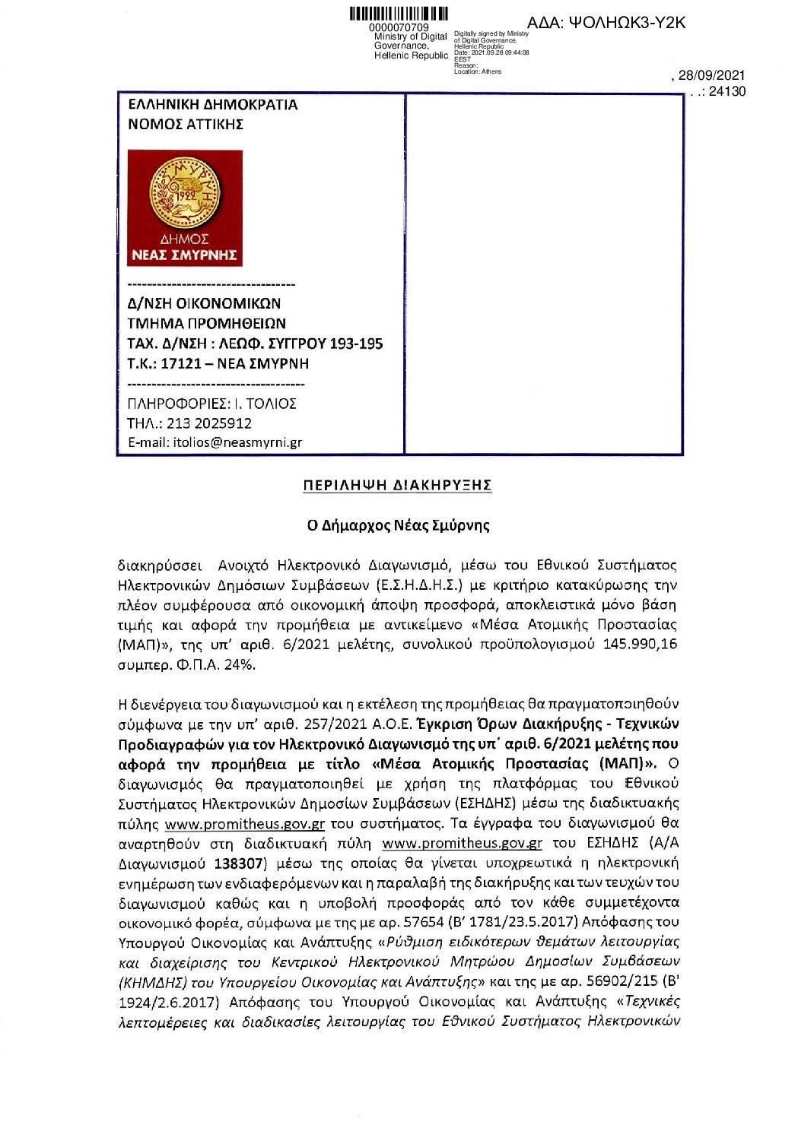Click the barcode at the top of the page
pos(398,14)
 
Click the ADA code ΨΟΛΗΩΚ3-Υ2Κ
pos(606,23)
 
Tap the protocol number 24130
pos(727,92)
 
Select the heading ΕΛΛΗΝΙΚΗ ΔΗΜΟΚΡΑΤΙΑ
pos(213,105)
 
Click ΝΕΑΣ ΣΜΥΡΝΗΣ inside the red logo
pos(184,255)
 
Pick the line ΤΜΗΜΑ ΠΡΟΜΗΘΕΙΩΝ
pos(206,323)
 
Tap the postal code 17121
pos(182,363)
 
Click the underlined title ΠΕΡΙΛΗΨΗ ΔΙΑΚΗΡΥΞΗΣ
pos(397,485)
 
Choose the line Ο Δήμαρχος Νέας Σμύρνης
pos(398,525)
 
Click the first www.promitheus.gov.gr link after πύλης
pos(245,824)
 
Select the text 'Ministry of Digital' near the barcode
pos(410,36)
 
